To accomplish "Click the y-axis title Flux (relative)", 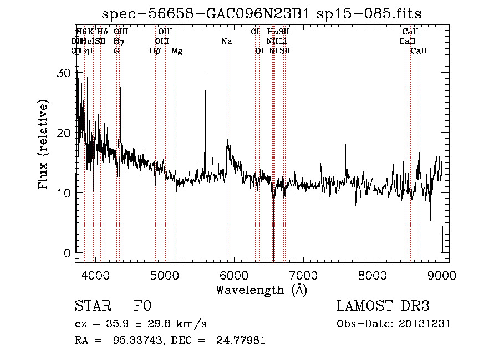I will pos(43,144).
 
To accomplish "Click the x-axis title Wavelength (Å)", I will pos(261,290).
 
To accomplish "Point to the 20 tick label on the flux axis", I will pos(65,133).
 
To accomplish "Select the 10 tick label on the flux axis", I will pos(65,193).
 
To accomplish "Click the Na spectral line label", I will pos(226,41).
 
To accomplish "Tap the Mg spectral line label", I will pos(177,51).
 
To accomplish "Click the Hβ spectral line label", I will pos(155,51).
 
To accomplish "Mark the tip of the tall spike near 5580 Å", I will pos(205,75).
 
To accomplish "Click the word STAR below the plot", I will pos(91,306).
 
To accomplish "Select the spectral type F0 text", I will pos(142,306).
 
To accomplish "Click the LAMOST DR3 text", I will pos(383,306).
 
